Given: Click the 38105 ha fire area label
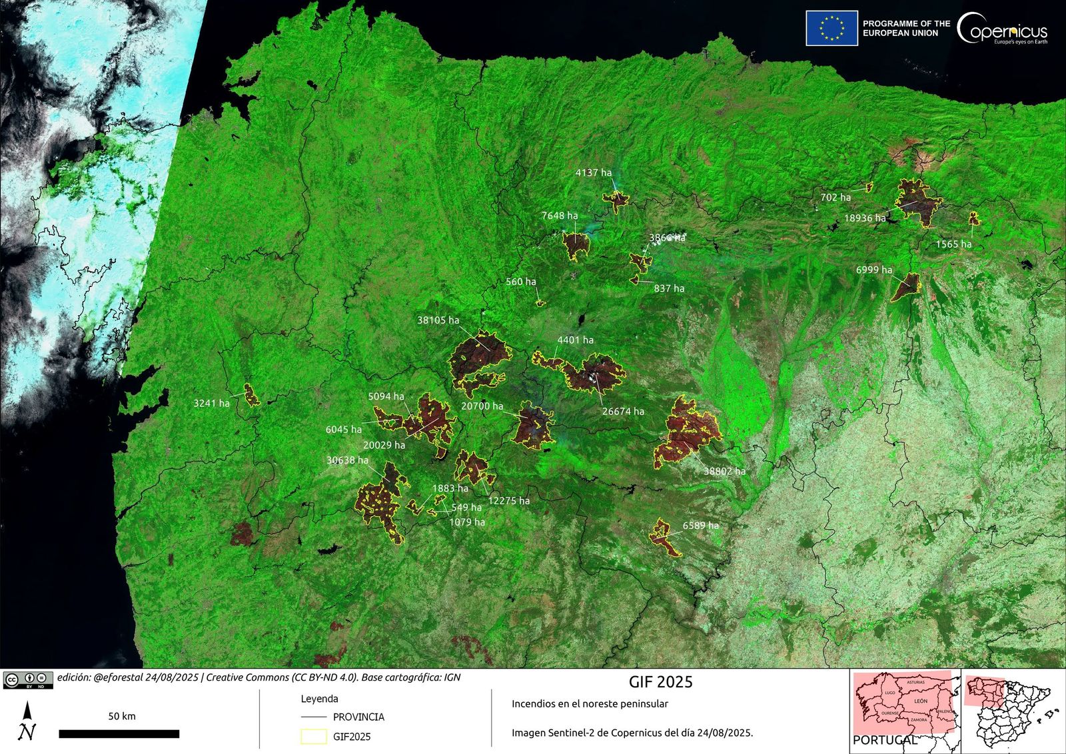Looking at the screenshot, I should pyautogui.click(x=438, y=320).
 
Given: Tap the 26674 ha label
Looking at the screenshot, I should pyautogui.click(x=623, y=412).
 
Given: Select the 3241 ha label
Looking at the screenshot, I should pyautogui.click(x=211, y=404).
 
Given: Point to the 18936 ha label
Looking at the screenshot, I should pyautogui.click(x=865, y=218).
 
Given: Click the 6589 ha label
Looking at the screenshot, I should pyautogui.click(x=700, y=526).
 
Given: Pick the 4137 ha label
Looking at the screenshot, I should pyautogui.click(x=593, y=173).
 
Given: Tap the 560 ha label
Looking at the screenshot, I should pyautogui.click(x=520, y=282).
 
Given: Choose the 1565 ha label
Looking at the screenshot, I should pyautogui.click(x=953, y=244).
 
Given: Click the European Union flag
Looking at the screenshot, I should pyautogui.click(x=831, y=28).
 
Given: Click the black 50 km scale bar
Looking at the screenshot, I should pyautogui.click(x=119, y=733).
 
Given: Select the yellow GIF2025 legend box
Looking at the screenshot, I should pyautogui.click(x=313, y=736).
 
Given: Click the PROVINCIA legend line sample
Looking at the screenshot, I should pyautogui.click(x=313, y=717).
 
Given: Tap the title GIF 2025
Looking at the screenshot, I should pyautogui.click(x=660, y=682).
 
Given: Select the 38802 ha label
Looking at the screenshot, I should pyautogui.click(x=724, y=471).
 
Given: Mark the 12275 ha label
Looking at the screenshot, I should pyautogui.click(x=508, y=501).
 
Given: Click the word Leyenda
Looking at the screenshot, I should pyautogui.click(x=319, y=699).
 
